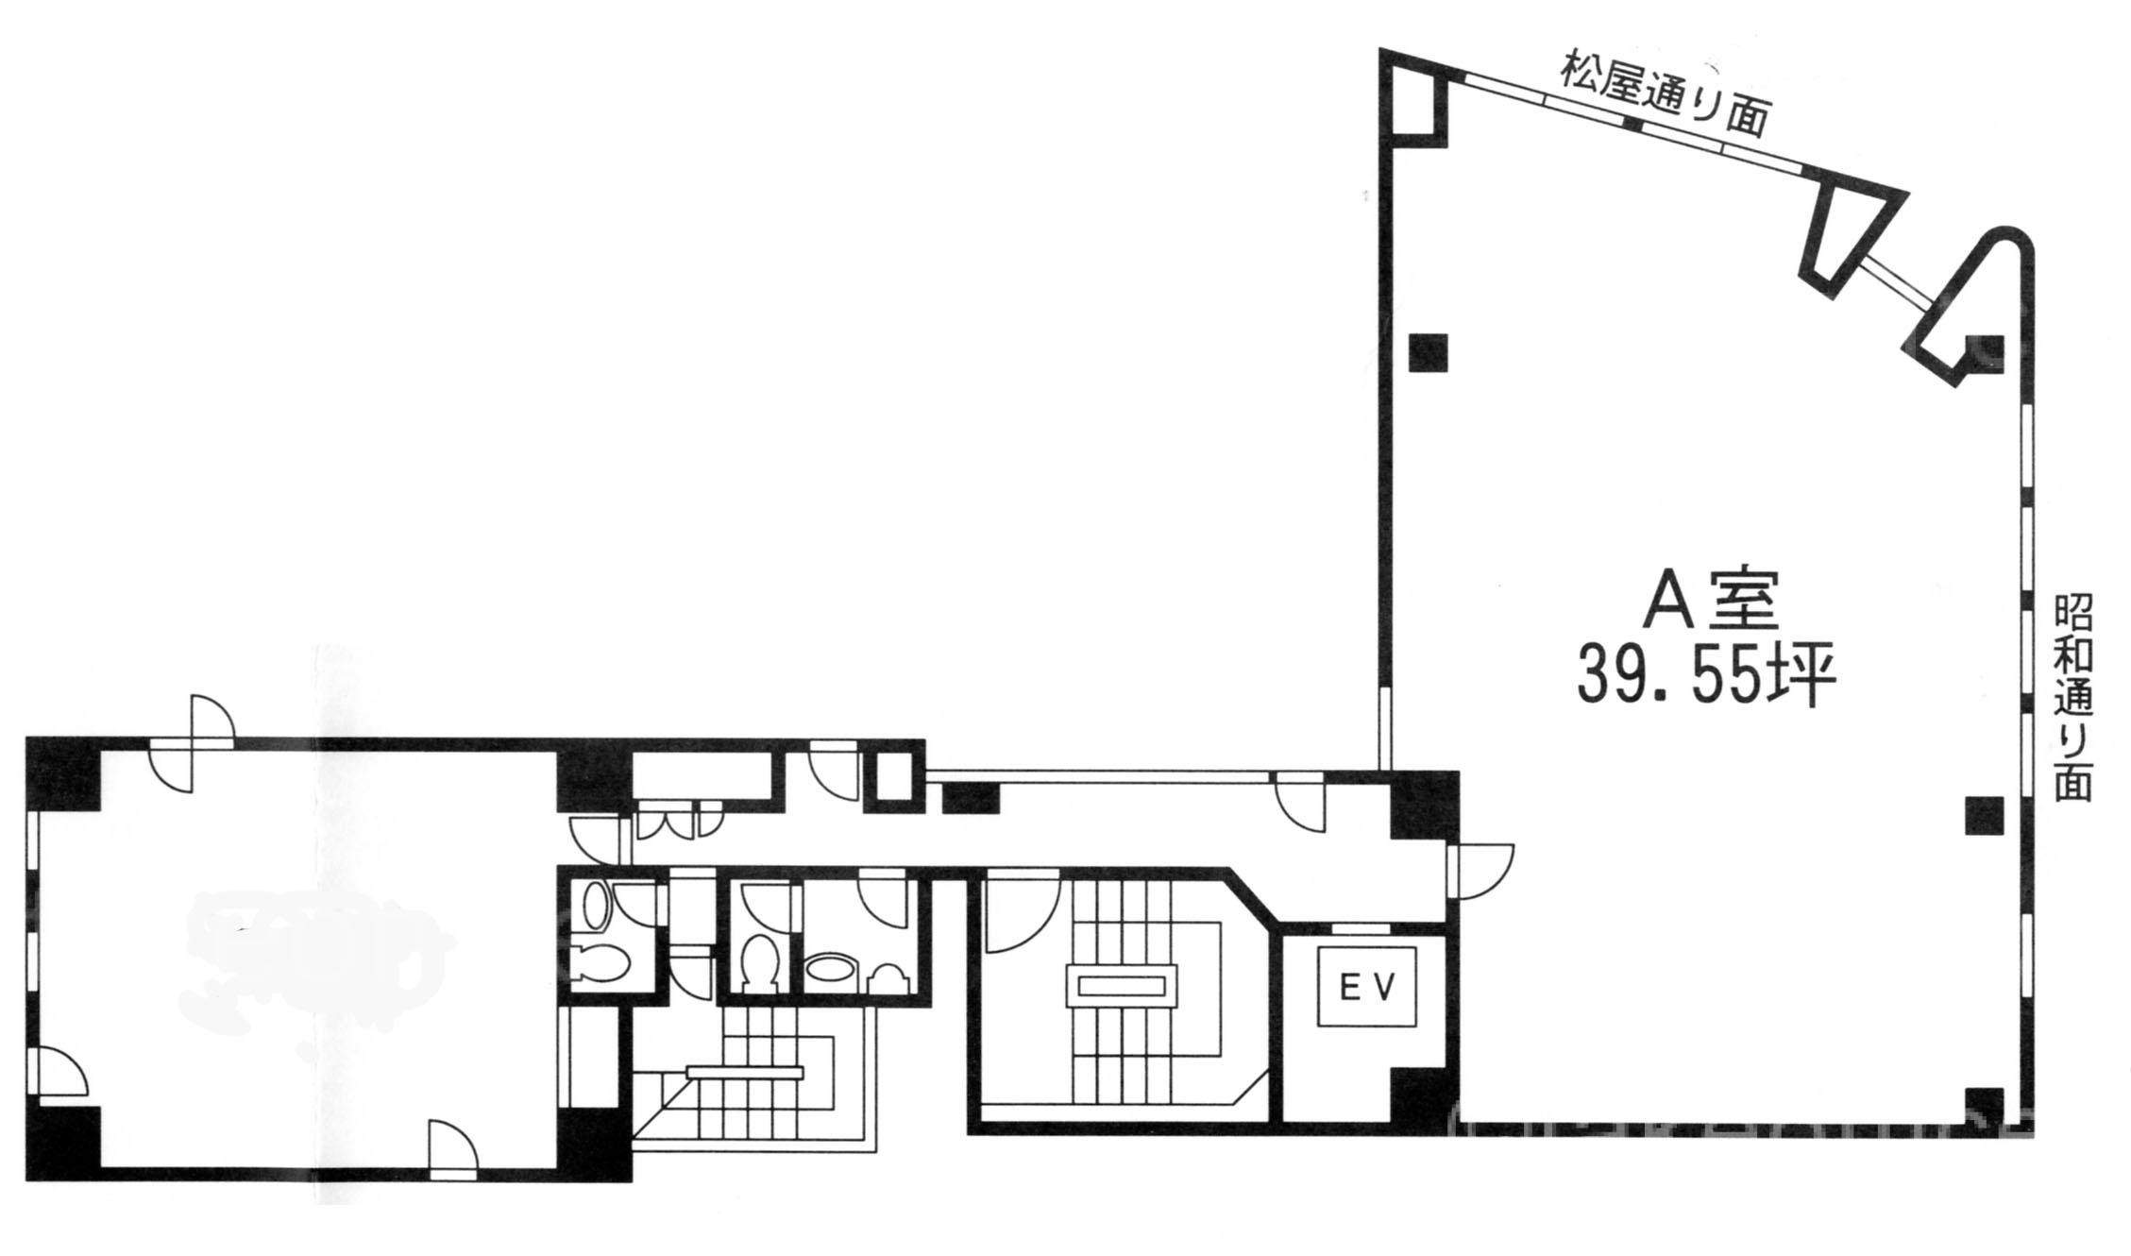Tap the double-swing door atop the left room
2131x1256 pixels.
pyautogui.click(x=192, y=743)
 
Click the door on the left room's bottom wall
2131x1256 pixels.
pyautogui.click(x=453, y=1149)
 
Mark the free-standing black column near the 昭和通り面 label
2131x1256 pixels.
pyautogui.click(x=1984, y=815)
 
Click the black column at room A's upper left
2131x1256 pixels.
pyautogui.click(x=1428, y=353)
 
